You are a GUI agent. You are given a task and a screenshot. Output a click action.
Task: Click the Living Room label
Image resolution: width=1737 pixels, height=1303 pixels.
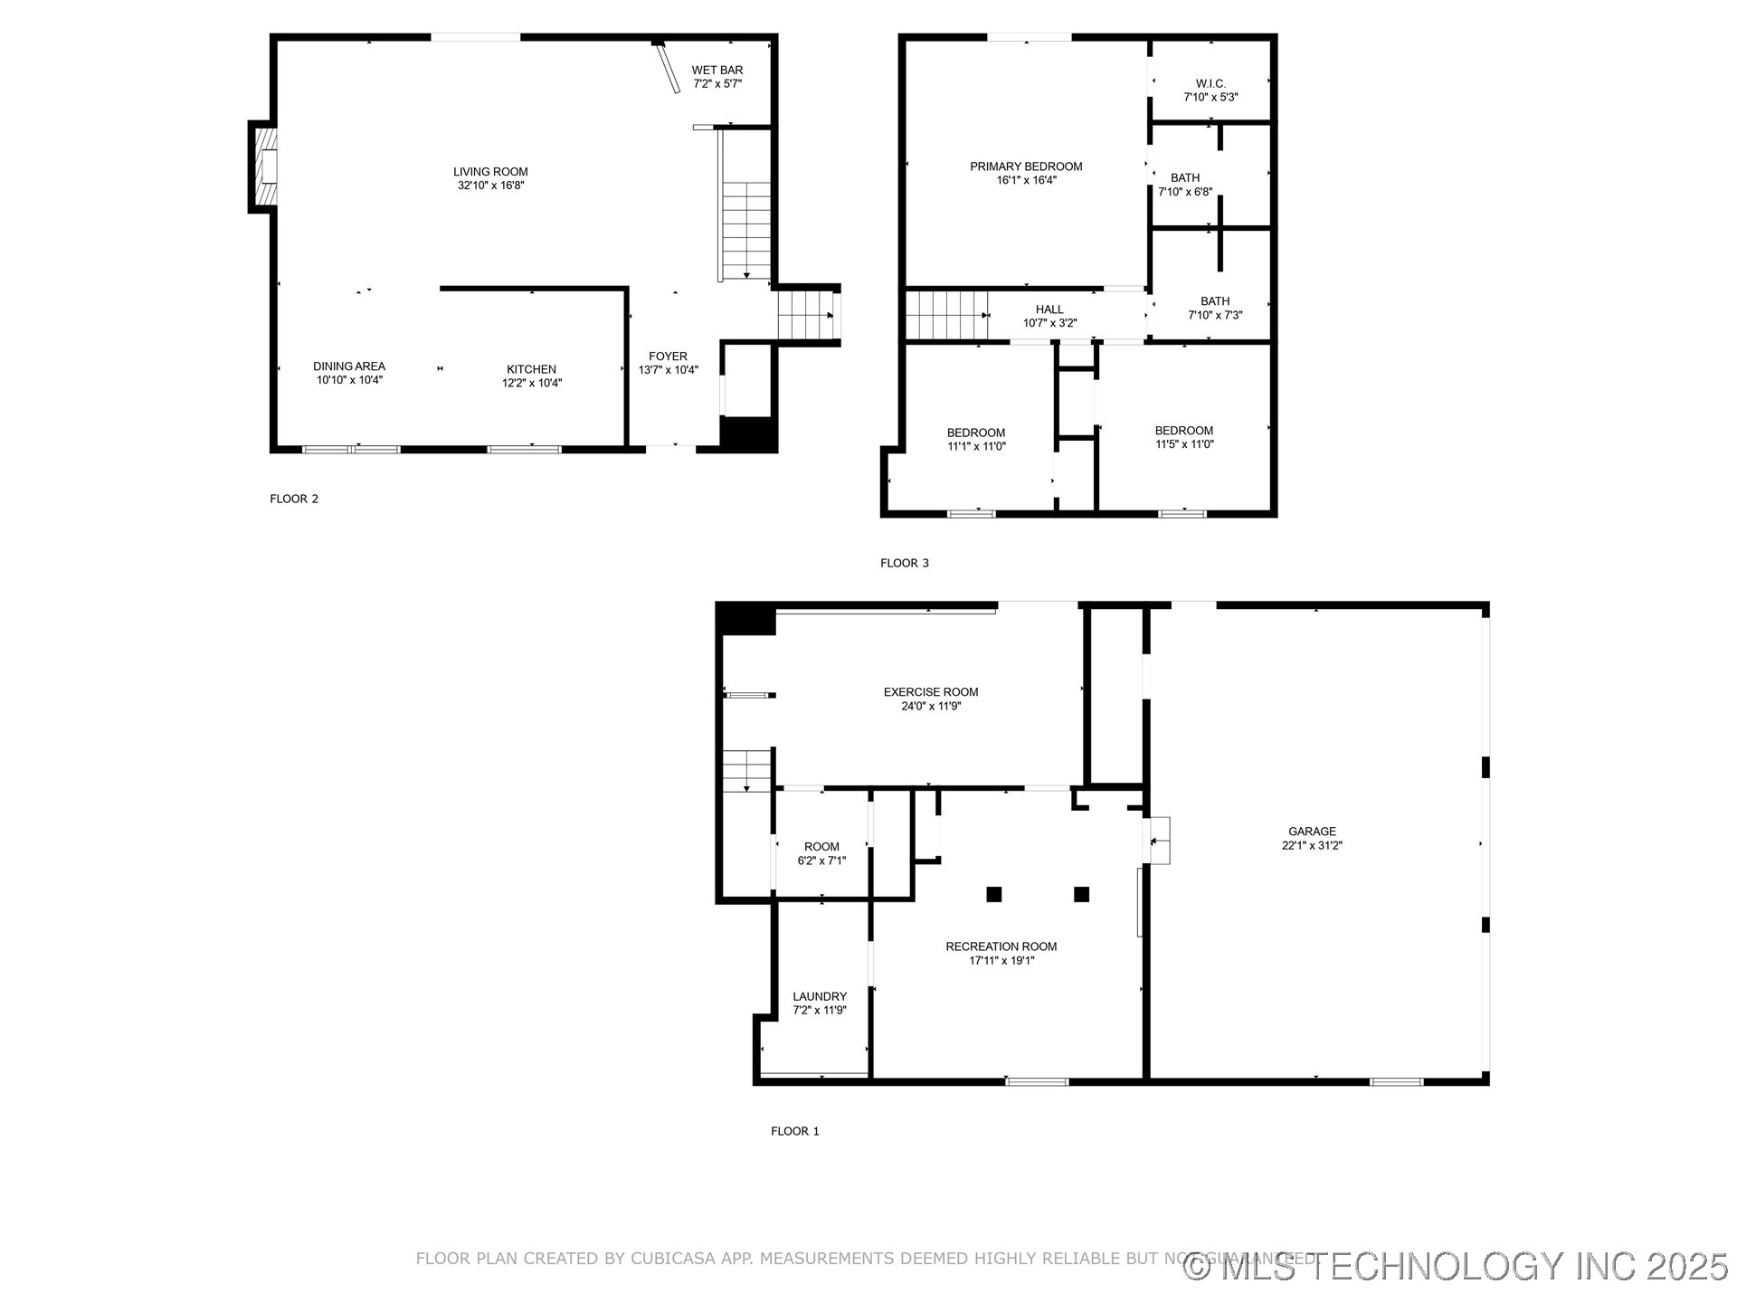click(x=490, y=172)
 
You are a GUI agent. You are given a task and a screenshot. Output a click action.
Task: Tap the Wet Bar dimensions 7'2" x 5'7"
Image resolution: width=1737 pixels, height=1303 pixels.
click(x=717, y=84)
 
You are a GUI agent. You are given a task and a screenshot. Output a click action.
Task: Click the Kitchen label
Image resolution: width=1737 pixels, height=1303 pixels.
click(x=531, y=369)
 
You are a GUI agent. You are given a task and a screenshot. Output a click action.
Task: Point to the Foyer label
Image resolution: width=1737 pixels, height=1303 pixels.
click(x=668, y=357)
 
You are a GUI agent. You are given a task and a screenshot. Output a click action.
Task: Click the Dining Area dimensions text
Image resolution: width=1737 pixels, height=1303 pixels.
click(x=349, y=380)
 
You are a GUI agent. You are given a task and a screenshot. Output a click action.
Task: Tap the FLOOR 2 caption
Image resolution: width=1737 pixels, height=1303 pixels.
click(x=294, y=499)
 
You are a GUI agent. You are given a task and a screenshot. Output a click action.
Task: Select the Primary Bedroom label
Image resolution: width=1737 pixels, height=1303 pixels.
click(x=1026, y=166)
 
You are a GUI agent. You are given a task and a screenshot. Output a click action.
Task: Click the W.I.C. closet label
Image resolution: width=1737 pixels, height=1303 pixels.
click(x=1210, y=83)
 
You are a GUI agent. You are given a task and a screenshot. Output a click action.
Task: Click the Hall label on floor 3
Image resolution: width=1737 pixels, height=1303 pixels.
click(x=1049, y=309)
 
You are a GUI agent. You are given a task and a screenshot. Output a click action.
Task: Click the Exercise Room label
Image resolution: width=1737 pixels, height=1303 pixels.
click(x=931, y=692)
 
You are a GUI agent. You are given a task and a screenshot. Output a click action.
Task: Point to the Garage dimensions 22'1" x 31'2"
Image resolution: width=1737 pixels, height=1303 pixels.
click(x=1312, y=845)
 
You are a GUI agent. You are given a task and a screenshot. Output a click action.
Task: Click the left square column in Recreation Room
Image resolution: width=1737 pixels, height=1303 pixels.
click(x=994, y=894)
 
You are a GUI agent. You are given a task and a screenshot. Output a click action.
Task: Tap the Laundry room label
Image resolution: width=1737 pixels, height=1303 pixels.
click(x=820, y=996)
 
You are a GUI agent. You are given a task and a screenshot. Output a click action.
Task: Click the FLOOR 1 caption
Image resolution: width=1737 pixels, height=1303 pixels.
click(x=794, y=1131)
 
